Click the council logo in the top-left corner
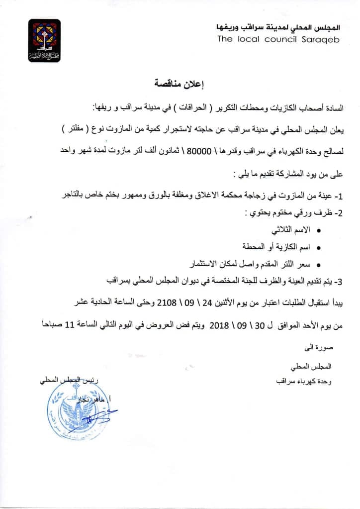(x=44, y=40)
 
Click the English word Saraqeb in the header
(x=321, y=39)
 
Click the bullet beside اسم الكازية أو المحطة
(x=318, y=247)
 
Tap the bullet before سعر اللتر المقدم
(x=318, y=265)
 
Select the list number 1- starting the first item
(x=339, y=197)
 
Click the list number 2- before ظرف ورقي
(x=339, y=213)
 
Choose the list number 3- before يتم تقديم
(x=339, y=281)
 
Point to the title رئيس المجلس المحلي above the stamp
(x=70, y=381)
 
